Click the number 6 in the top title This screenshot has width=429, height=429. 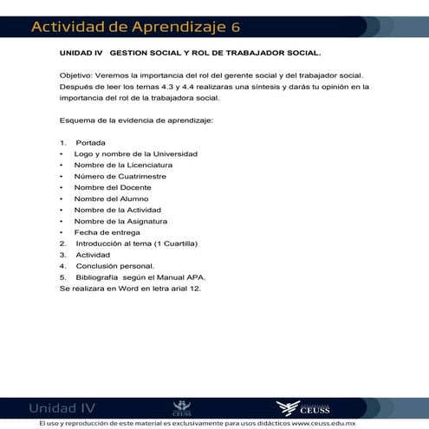pos(236,27)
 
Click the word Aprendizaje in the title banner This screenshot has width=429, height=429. pos(174,27)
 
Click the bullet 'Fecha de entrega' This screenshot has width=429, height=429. pos(101,232)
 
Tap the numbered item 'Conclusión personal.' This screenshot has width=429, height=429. pos(114,266)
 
